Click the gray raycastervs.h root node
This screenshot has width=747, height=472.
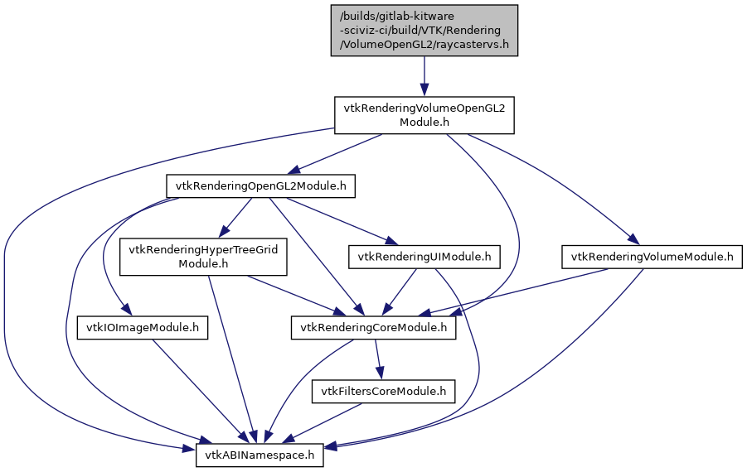click(x=424, y=31)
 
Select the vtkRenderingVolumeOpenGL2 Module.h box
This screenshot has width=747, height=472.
click(x=424, y=115)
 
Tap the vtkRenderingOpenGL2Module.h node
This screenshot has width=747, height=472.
click(x=261, y=186)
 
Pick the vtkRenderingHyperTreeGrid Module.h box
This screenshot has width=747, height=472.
click(x=203, y=257)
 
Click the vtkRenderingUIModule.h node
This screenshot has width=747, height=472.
click(x=424, y=257)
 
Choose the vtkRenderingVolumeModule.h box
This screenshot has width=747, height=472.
click(x=651, y=257)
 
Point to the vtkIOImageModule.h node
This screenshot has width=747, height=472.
click(x=142, y=328)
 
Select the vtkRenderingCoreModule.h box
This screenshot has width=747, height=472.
click(x=373, y=328)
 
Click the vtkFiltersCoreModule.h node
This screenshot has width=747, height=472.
click(x=383, y=391)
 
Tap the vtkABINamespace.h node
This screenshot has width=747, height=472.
click(x=260, y=455)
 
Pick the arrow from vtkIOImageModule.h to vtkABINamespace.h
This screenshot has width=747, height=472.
click(x=199, y=390)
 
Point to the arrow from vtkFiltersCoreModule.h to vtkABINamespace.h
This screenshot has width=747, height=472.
click(x=323, y=422)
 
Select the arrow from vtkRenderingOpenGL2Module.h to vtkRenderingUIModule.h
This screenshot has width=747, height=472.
click(x=340, y=221)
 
